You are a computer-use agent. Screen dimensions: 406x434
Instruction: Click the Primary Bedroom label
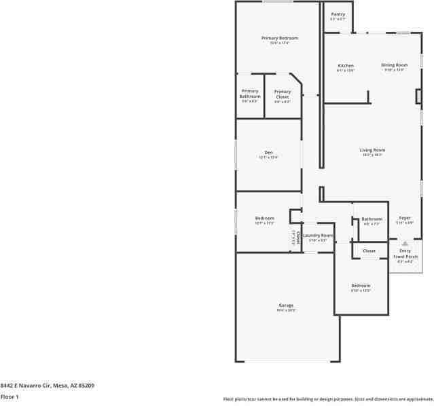click(x=279, y=38)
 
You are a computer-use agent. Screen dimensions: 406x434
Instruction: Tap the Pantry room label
click(x=338, y=14)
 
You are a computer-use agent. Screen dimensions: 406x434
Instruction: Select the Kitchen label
click(x=346, y=66)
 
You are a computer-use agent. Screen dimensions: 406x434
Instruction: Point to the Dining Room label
click(x=394, y=65)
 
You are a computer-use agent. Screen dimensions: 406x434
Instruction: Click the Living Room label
click(x=372, y=150)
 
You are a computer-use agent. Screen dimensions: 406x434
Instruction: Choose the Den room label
click(x=268, y=153)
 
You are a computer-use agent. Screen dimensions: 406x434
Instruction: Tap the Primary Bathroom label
click(x=249, y=94)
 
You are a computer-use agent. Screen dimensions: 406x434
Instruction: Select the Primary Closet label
click(x=283, y=94)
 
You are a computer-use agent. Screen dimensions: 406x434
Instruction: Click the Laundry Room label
click(x=318, y=236)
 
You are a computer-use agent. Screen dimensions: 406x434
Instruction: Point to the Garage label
click(x=286, y=306)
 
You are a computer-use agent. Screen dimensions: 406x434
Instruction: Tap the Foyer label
click(x=405, y=218)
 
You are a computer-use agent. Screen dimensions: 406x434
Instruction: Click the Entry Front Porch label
click(x=405, y=253)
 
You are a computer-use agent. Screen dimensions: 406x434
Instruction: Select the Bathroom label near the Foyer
click(x=372, y=219)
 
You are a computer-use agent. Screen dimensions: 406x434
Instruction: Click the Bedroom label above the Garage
click(x=264, y=218)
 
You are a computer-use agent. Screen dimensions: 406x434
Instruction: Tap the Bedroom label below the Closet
click(x=361, y=286)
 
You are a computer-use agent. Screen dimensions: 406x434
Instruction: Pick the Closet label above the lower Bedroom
click(x=369, y=251)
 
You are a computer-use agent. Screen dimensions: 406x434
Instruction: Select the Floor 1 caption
click(x=10, y=396)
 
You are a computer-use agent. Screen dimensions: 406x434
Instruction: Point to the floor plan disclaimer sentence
click(x=327, y=399)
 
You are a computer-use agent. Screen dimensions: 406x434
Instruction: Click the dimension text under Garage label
click(x=286, y=310)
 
